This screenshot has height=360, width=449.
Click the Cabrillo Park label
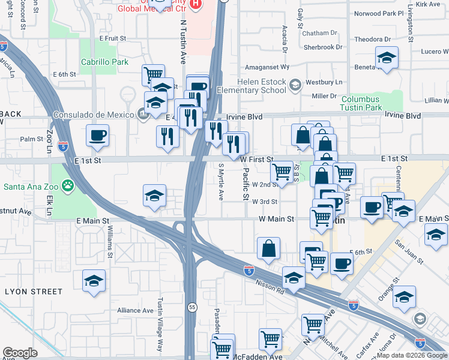tap(104, 62)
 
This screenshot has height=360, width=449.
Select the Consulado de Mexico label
tap(95, 114)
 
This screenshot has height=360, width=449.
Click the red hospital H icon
tap(194, 5)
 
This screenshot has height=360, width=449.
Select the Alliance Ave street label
tap(136, 310)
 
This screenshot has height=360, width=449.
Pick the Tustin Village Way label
tap(160, 324)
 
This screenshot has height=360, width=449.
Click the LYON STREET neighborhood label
tap(34, 292)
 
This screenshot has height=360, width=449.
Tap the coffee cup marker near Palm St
tap(97, 136)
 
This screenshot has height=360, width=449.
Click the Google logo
tap(20, 353)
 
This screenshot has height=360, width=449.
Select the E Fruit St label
tap(113, 38)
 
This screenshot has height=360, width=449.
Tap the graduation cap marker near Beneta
tap(387, 58)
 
